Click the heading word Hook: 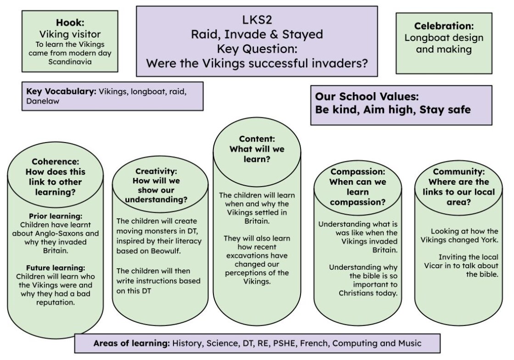(70, 22)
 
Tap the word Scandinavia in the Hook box (70, 62)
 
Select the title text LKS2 (257, 20)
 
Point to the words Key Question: (257, 49)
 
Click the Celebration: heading (444, 26)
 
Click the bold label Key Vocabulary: (61, 91)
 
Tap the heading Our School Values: (367, 96)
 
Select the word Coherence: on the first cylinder (56, 161)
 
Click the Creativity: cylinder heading (156, 171)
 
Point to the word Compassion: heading (358, 172)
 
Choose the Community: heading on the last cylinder (458, 172)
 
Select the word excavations (257, 255)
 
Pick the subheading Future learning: (56, 268)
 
